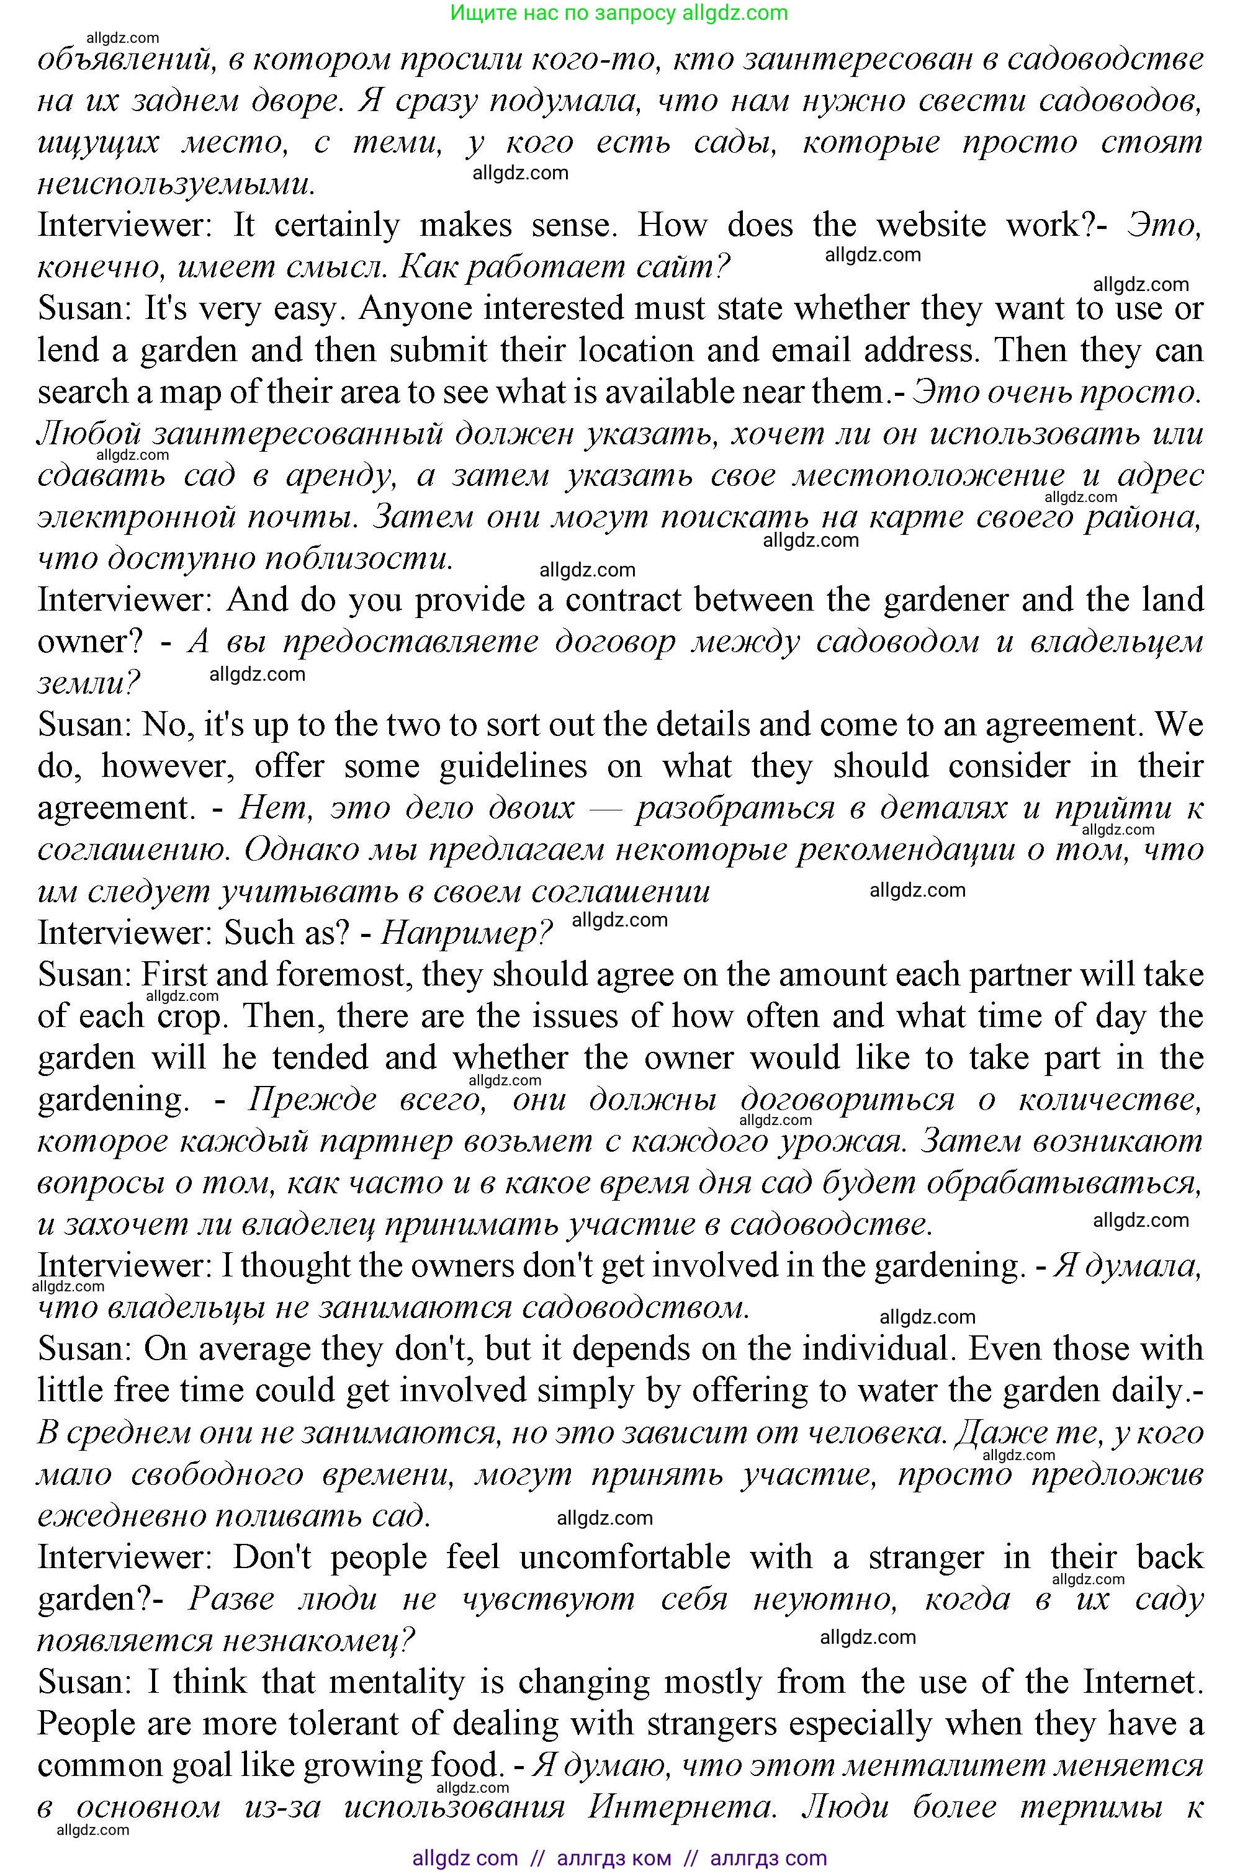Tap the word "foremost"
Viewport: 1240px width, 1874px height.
pyautogui.click(x=341, y=975)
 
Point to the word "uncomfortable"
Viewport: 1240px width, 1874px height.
pyautogui.click(x=625, y=1558)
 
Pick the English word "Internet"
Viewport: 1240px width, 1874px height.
pyautogui.click(x=1139, y=1682)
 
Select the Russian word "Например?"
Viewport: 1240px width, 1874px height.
pyautogui.click(x=467, y=934)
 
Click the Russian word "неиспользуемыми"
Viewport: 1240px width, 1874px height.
pyautogui.click(x=176, y=184)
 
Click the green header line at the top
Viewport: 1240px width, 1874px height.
pyautogui.click(x=619, y=12)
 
